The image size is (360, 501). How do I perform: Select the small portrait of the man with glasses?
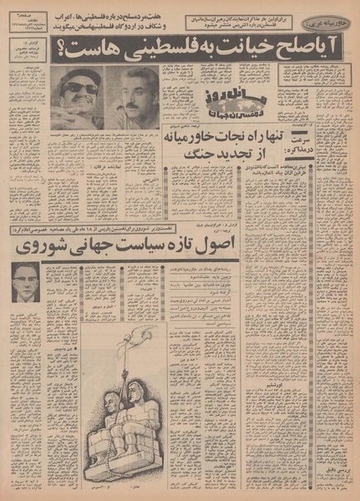pos(25,283)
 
